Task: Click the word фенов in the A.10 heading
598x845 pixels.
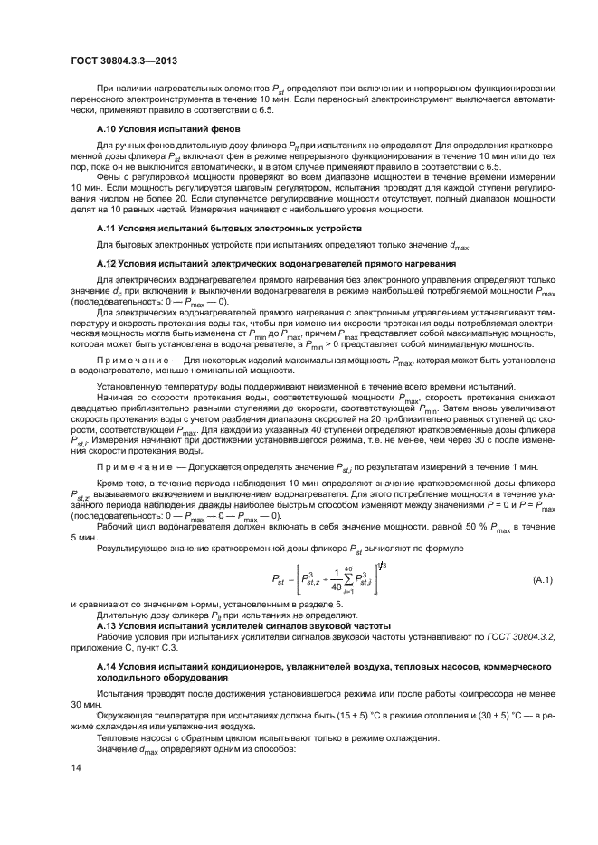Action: coord(214,129)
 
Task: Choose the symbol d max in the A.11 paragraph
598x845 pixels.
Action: coord(456,245)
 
